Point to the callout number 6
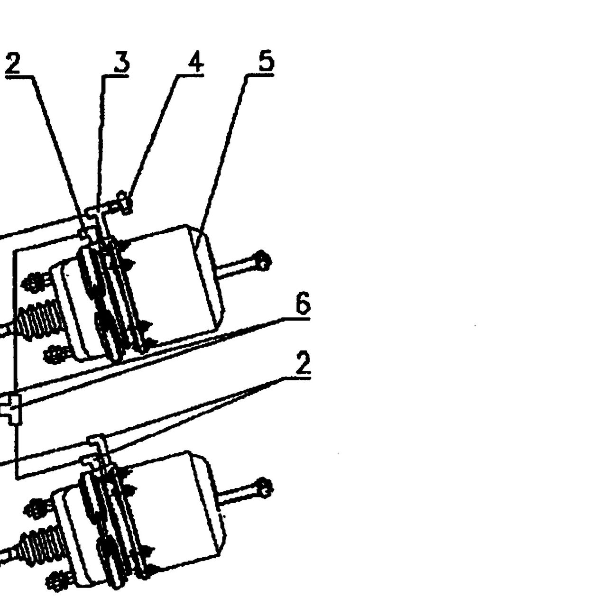click(x=303, y=303)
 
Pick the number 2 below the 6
click(x=303, y=364)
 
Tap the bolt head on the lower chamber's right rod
click(x=264, y=488)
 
